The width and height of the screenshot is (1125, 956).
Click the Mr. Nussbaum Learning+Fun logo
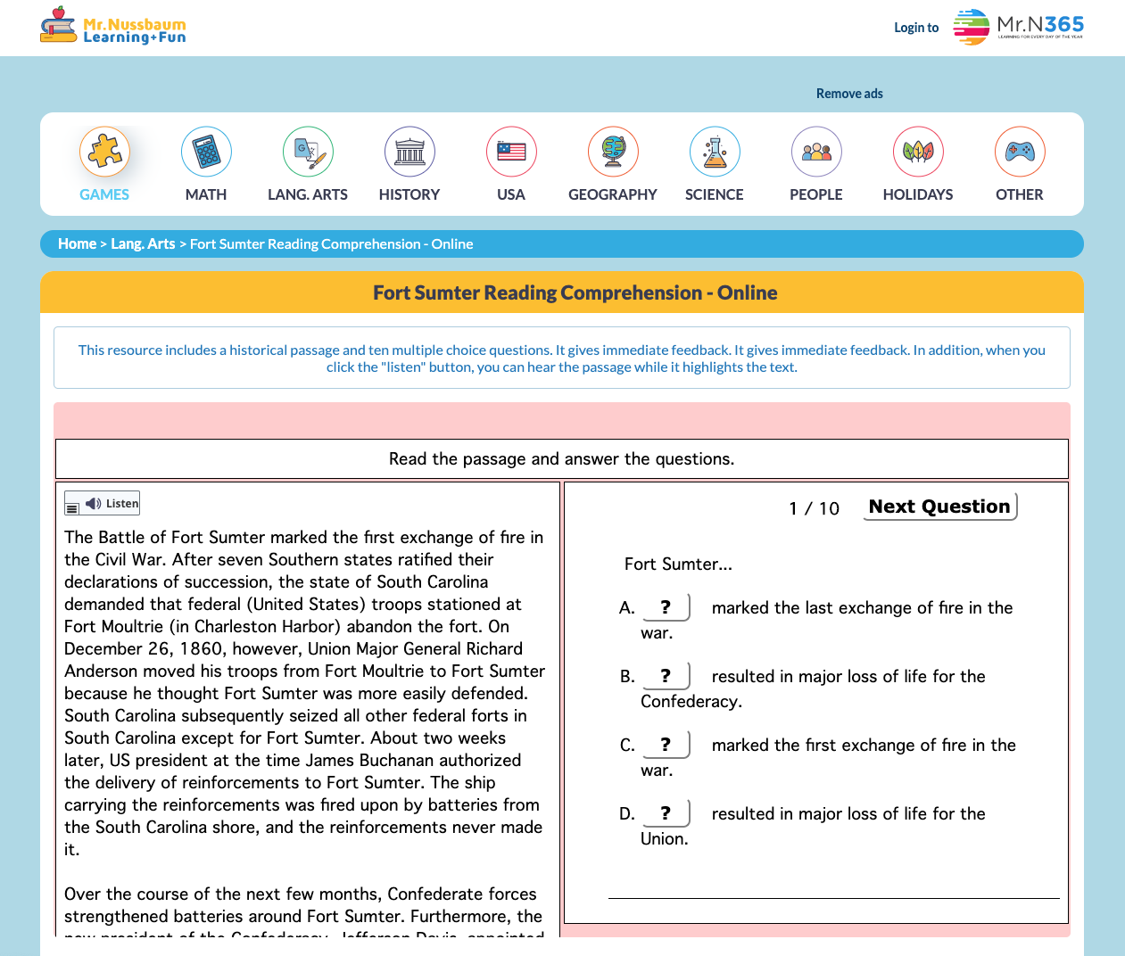point(113,27)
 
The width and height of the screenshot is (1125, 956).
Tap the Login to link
point(916,28)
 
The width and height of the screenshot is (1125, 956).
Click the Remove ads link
point(849,94)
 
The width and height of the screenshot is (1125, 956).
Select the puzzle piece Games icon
point(104,152)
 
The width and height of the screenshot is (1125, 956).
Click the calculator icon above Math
point(206,152)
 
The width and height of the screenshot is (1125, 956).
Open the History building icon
point(409,152)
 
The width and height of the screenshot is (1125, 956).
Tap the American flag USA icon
point(511,152)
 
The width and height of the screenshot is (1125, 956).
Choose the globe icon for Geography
point(613,152)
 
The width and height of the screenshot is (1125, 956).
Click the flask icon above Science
point(715,152)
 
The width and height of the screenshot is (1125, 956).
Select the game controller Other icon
point(1020,152)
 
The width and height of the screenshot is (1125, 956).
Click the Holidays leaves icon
point(918,152)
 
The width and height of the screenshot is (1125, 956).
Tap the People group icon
point(816,152)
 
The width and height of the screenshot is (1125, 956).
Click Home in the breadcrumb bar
point(77,244)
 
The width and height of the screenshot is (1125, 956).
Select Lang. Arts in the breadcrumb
point(143,244)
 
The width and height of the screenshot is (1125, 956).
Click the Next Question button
point(939,507)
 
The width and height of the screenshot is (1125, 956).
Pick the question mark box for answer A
point(666,607)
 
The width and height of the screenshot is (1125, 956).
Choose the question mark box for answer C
point(666,745)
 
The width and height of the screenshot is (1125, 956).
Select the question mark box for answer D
point(666,813)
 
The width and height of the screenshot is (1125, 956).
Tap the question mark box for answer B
point(666,676)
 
